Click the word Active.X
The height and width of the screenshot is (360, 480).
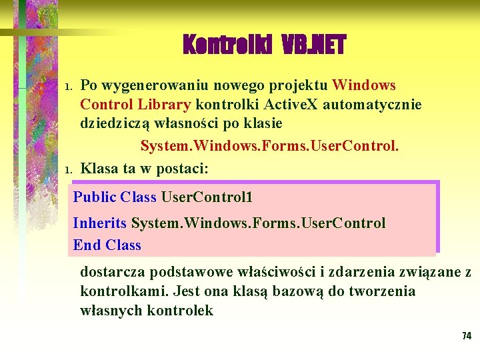[293, 105]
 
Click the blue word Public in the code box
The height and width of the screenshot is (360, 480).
[95, 197]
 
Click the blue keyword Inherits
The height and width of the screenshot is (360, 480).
[100, 223]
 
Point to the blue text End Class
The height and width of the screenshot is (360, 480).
[107, 245]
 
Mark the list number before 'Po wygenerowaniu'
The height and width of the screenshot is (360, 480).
[67, 87]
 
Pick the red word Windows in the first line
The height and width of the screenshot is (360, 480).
[364, 85]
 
